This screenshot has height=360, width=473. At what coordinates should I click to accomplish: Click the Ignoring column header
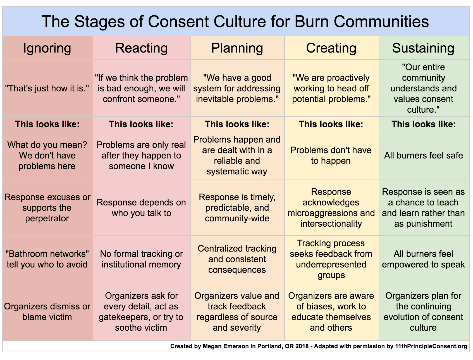pos(47,48)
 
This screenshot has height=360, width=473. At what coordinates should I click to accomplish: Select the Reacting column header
pos(142,48)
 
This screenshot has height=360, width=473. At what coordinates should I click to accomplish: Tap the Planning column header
pos(237,48)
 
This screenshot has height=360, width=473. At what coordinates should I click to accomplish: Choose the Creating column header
pos(331,48)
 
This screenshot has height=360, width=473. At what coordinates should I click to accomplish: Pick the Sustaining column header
pos(423,48)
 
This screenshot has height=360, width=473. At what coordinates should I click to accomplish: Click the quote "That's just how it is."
pos(47,88)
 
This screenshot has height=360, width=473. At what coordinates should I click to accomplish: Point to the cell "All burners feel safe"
pos(424,155)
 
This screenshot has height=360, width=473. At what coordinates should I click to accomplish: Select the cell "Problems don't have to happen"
pos(331,155)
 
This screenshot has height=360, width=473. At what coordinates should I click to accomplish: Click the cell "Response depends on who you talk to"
pos(141,208)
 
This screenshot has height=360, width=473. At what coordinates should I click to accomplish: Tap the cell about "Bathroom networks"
pos(47,259)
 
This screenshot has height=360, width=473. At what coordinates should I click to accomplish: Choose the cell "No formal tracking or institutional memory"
pos(141,259)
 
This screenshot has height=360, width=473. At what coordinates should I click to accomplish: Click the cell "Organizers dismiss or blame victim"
pos(47,312)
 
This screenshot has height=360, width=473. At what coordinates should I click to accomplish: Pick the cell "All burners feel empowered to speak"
pos(424,259)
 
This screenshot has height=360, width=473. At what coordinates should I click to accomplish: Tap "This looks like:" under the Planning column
pos(237,124)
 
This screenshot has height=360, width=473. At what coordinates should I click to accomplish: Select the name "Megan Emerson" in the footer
pos(226,346)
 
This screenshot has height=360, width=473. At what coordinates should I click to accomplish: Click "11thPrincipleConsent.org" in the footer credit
pos(431,346)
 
